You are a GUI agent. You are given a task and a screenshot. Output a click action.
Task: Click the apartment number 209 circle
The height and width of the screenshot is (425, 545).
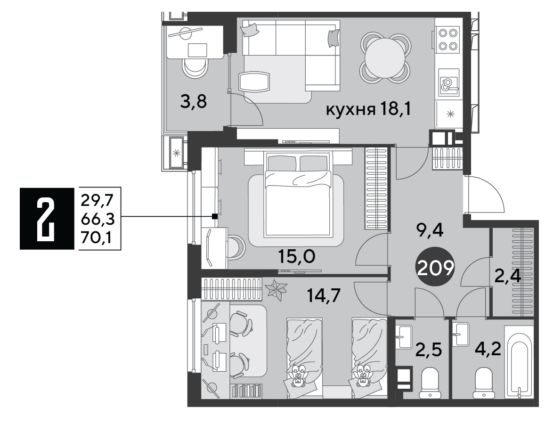[436, 268]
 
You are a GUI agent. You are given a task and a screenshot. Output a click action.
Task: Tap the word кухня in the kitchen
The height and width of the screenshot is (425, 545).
[350, 110]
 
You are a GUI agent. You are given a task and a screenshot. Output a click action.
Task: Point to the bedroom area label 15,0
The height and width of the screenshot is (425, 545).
[296, 257]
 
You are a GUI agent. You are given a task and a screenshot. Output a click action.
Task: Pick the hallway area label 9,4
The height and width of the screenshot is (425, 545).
[430, 230]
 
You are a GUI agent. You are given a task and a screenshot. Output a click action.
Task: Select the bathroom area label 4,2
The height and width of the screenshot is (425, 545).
[488, 349]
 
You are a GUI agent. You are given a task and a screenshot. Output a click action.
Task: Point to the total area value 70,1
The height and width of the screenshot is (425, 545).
[97, 238]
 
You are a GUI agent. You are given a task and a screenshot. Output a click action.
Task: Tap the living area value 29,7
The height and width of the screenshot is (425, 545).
[98, 201]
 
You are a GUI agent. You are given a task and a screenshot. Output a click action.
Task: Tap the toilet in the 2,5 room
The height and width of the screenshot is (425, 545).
[430, 383]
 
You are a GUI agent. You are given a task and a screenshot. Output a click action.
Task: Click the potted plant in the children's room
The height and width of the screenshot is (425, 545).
[277, 289]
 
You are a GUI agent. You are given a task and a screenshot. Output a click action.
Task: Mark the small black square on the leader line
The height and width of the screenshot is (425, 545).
[215, 216]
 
